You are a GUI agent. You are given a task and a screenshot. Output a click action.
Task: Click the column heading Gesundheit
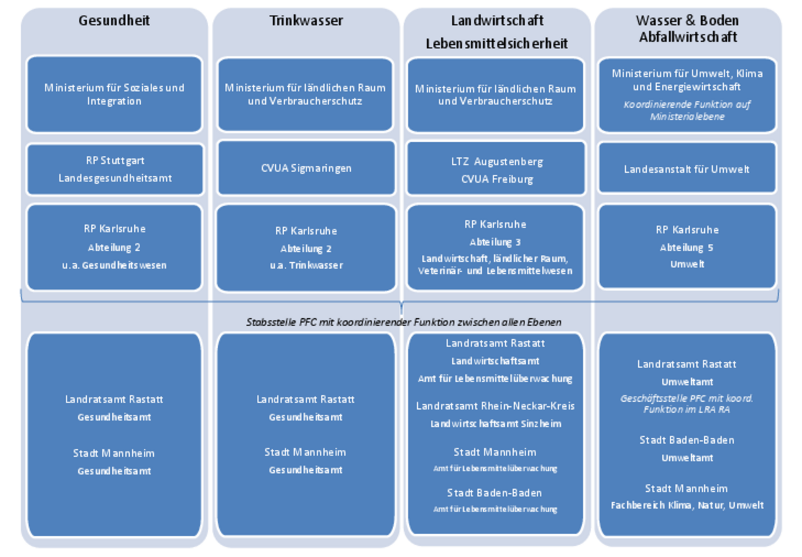tap(114, 21)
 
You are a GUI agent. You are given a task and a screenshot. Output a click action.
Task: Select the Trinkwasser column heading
tap(306, 21)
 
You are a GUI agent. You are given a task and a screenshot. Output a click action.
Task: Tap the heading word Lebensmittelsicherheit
tap(497, 44)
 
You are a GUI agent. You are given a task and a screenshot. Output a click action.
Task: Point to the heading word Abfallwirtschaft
tap(687, 37)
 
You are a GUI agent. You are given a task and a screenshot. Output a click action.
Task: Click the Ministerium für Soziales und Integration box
tap(114, 94)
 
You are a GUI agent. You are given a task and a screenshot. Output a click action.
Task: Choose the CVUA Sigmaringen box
tap(306, 168)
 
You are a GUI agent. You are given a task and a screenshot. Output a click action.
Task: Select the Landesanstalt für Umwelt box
tap(687, 169)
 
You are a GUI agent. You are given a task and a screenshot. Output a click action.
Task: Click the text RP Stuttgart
tap(115, 160)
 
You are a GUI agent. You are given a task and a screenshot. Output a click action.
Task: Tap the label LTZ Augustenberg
tap(497, 161)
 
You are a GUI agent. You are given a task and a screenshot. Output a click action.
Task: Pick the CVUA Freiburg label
tap(497, 179)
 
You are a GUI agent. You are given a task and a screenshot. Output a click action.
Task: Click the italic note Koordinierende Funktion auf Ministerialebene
tap(687, 110)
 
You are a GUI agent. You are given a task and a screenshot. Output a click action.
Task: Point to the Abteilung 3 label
tap(495, 242)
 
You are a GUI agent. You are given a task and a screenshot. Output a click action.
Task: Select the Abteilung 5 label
tap(687, 248)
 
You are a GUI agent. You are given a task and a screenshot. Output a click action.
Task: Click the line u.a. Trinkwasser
tap(306, 265)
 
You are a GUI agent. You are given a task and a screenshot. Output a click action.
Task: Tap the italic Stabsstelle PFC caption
tap(404, 322)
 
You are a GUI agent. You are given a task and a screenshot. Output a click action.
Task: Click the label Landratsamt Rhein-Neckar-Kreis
tap(496, 406)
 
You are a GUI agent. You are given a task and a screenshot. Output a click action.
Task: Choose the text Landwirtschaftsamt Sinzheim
tap(496, 424)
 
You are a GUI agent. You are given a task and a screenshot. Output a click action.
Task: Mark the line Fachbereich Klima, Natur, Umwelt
tap(687, 505)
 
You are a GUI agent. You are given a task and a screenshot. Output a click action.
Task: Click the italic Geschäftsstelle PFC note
tap(687, 404)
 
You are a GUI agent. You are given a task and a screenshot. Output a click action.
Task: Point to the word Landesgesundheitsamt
tap(115, 178)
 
